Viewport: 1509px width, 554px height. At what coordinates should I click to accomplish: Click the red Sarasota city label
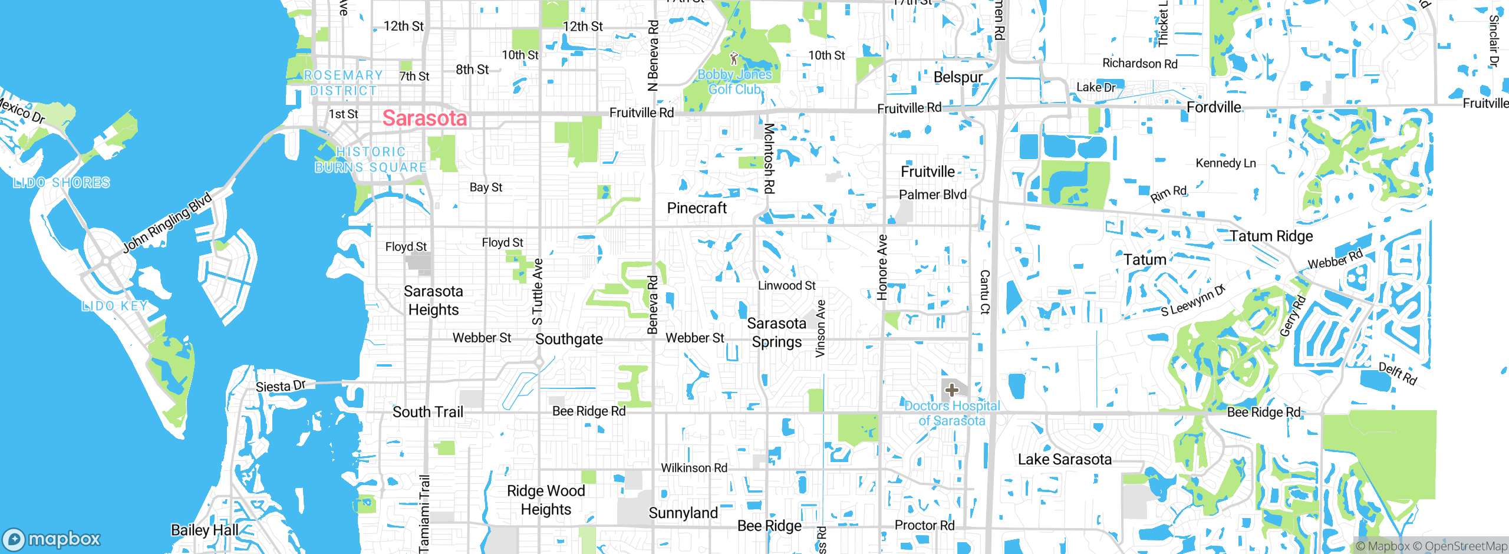pos(424,118)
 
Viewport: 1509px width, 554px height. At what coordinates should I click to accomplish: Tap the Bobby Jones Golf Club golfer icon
pos(734,59)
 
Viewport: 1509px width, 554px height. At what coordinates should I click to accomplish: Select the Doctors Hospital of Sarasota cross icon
pos(951,390)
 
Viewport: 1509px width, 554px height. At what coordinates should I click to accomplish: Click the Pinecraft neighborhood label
pos(697,208)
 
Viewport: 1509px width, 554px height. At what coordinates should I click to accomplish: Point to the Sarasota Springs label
pos(776,332)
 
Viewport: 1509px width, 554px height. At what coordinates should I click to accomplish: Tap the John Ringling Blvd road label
pos(167,223)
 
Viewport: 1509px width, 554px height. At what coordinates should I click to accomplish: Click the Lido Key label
pos(115,306)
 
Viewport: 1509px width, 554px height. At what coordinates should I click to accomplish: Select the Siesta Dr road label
pos(281,387)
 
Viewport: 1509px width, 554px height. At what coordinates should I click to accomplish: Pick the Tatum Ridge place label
pos(1271,236)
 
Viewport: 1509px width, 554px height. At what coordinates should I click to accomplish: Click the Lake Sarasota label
pos(1065,459)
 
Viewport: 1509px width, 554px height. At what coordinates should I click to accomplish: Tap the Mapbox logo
pos(52,539)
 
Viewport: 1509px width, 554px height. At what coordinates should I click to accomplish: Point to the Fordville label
pos(1214,107)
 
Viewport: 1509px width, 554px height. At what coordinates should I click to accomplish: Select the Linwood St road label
pos(786,286)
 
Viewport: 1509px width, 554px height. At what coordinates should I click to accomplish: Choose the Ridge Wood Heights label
pos(546,500)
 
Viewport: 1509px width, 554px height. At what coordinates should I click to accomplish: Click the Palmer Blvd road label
pos(933,194)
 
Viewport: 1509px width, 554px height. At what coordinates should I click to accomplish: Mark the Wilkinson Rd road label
pos(694,468)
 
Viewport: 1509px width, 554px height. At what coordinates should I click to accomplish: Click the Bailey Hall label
pos(205,530)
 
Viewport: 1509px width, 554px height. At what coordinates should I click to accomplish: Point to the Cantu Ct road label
pos(984,292)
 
